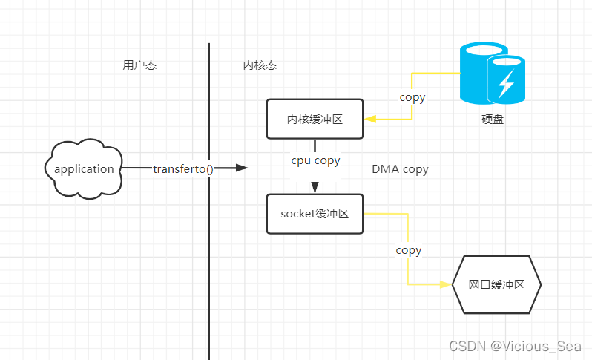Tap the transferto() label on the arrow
183,168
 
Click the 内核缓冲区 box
315,119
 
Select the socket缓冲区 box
315,214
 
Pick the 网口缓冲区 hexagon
496,284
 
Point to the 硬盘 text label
492,119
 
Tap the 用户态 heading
139,65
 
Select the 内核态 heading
260,65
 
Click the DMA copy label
400,169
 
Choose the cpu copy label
315,160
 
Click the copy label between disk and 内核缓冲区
412,97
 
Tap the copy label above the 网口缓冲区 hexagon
408,250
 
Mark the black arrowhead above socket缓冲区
315,187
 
